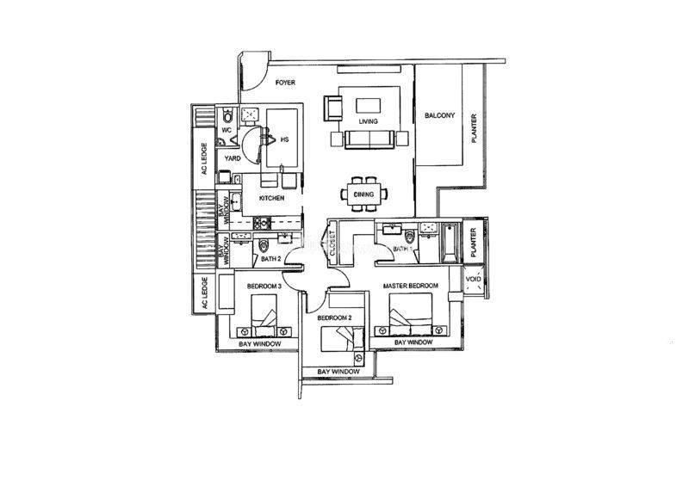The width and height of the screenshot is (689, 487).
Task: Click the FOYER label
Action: tap(285, 83)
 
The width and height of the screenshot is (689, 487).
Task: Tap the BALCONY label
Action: tap(439, 115)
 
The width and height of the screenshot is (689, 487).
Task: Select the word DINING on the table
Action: tap(363, 194)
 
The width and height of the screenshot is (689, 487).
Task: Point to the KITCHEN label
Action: tap(271, 198)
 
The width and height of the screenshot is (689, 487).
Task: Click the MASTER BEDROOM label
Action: tap(411, 286)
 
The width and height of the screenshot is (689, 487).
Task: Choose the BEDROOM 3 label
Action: tap(264, 286)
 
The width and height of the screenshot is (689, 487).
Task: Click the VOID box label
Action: tap(473, 279)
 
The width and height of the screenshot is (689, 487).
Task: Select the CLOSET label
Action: tap(332, 243)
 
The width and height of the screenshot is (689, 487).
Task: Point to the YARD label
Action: tap(233, 158)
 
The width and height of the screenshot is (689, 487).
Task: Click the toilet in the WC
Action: tap(227, 116)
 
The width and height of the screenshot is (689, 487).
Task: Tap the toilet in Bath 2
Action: tap(264, 245)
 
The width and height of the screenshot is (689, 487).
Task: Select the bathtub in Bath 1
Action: tap(450, 243)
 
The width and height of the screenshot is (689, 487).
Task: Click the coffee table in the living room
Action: tap(369, 106)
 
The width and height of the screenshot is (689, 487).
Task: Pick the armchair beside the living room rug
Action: tap(332, 108)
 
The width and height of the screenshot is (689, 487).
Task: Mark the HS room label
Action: tap(284, 139)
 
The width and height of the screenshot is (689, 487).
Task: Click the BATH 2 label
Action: tap(270, 259)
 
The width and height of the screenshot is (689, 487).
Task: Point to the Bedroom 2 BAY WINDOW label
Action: tap(338, 372)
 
